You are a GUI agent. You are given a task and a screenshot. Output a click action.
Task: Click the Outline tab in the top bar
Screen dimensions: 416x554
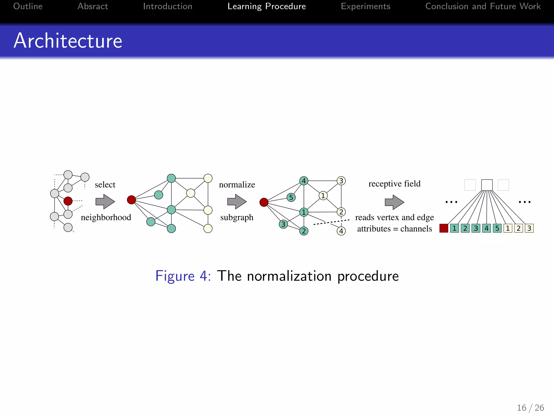[x=28, y=6]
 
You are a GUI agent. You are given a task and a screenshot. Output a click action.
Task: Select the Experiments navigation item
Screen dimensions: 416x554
[x=365, y=6]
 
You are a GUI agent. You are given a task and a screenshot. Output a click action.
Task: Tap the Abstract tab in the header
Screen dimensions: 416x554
[x=93, y=6]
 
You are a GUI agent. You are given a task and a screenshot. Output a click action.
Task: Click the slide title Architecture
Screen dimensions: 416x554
[x=68, y=41]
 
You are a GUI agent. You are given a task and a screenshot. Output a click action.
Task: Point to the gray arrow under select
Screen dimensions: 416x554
[x=105, y=201]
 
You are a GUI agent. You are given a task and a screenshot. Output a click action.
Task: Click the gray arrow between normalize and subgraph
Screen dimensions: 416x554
[x=237, y=201]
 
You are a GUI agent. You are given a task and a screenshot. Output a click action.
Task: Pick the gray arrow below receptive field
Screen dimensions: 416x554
[x=394, y=202]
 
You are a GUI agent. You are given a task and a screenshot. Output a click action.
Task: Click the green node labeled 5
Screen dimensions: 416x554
[x=291, y=197]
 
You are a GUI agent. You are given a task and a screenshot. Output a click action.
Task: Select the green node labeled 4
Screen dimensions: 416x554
[x=304, y=181]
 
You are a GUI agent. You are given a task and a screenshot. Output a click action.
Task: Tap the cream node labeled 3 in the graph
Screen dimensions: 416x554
[x=341, y=181]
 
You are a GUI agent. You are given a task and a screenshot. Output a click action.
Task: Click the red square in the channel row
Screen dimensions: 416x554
[x=444, y=228]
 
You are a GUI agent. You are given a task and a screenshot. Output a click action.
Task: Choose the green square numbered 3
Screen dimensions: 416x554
[x=476, y=228]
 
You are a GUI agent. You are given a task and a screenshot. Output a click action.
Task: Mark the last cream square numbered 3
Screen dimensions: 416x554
[x=529, y=228]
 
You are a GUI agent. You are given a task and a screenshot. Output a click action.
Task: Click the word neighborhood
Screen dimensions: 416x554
[x=106, y=217]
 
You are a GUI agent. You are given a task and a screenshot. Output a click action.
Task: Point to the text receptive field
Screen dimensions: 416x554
[x=394, y=184]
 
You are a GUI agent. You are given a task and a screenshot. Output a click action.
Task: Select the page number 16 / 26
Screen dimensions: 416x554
[x=530, y=408]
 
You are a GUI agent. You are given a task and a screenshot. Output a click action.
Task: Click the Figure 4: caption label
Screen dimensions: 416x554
[x=183, y=276]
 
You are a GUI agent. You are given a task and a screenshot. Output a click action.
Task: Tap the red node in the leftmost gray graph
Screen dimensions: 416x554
[x=68, y=201]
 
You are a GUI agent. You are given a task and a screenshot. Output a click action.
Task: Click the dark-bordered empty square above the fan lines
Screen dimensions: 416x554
[x=487, y=185]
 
